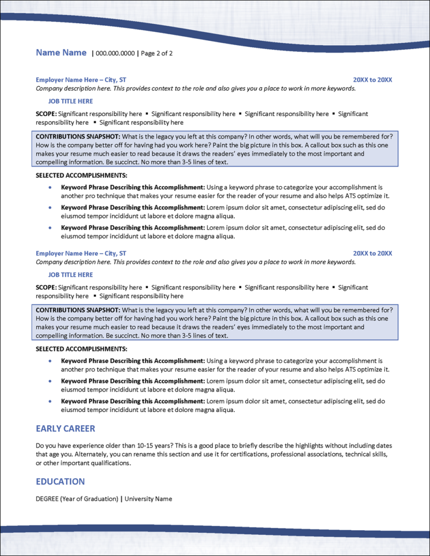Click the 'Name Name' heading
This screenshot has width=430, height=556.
click(61, 53)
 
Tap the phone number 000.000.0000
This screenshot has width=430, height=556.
click(115, 53)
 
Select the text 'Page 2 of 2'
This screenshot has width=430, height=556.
click(156, 53)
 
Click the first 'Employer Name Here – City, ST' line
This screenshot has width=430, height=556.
click(81, 80)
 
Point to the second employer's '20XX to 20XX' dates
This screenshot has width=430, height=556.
click(372, 253)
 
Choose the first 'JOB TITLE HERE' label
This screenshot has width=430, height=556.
click(70, 101)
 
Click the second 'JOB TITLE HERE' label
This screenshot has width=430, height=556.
click(70, 275)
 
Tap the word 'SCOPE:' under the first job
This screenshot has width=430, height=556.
click(46, 114)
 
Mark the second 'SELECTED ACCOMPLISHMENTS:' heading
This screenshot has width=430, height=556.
click(81, 349)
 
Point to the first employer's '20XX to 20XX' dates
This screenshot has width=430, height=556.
click(372, 80)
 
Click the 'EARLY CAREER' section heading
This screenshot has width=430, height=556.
click(65, 429)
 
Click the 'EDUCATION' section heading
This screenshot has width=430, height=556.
click(60, 481)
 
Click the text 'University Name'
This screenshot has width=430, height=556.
click(148, 498)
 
